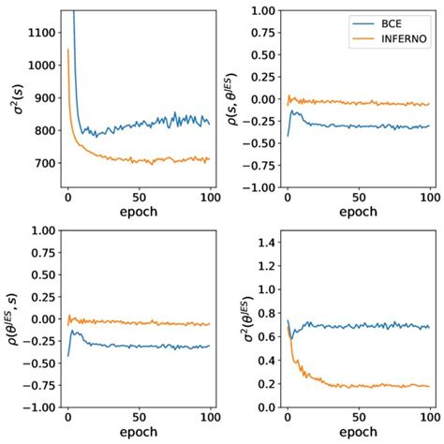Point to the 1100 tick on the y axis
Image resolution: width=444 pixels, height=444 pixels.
(x=41, y=32)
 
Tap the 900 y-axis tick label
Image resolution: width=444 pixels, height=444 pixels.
(x=44, y=97)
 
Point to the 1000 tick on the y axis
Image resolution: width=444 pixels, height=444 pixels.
(x=41, y=65)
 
